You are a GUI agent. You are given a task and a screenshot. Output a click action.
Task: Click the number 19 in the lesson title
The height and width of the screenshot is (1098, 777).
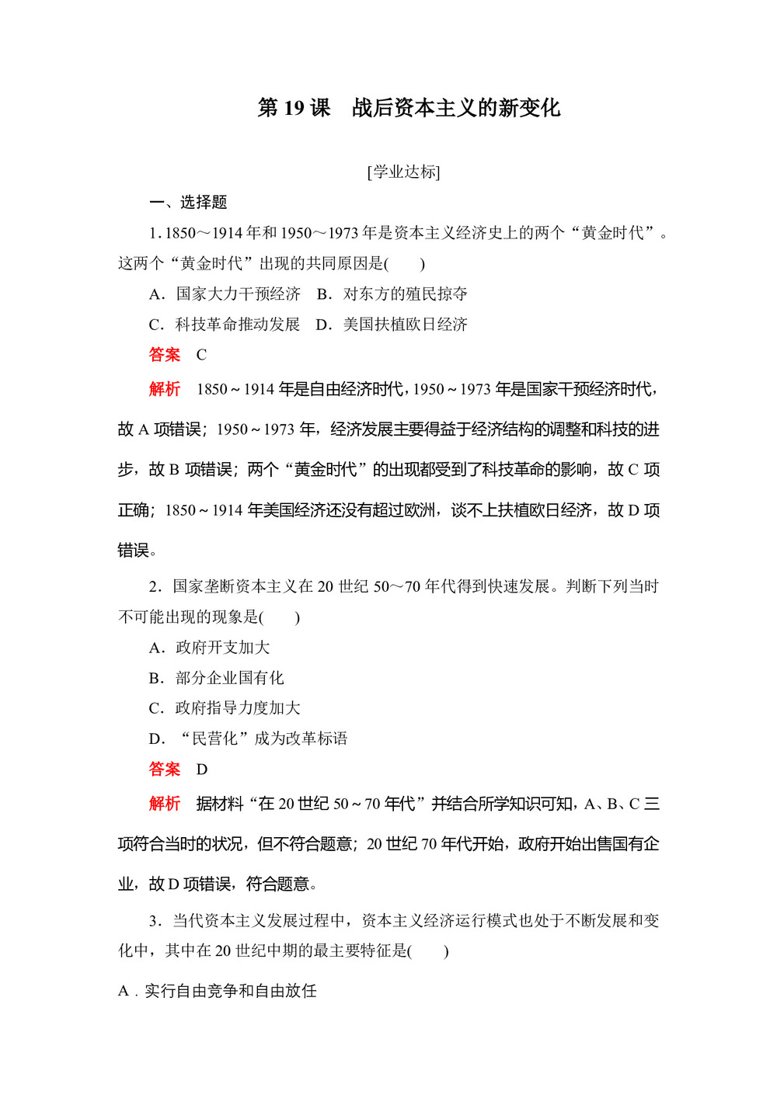click(x=294, y=108)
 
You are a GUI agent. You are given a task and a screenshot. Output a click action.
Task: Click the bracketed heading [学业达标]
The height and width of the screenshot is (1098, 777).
click(x=403, y=172)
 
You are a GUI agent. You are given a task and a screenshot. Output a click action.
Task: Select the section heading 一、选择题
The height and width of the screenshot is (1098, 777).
click(x=188, y=203)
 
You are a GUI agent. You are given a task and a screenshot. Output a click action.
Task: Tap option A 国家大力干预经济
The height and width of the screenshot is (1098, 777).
click(x=225, y=294)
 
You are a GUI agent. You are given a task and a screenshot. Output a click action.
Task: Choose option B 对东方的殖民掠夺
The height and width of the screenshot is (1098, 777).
click(x=392, y=294)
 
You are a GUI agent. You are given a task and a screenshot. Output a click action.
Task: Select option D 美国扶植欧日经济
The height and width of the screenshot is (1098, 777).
click(x=392, y=324)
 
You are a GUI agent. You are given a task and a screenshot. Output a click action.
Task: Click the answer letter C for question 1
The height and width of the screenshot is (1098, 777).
click(x=201, y=355)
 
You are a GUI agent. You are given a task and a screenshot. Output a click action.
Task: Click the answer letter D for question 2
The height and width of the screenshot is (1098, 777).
click(x=202, y=770)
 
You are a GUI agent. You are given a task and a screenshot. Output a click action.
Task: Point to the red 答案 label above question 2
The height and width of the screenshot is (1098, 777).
click(x=165, y=355)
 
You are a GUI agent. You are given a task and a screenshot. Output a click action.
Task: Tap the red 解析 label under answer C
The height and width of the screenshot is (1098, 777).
click(x=165, y=389)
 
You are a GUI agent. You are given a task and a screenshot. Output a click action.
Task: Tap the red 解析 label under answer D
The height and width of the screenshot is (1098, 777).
click(x=165, y=804)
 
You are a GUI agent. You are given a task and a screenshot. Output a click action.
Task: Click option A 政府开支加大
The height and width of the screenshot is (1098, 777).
click(x=209, y=648)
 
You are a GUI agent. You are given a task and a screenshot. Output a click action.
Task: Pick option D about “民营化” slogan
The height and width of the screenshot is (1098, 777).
click(x=248, y=738)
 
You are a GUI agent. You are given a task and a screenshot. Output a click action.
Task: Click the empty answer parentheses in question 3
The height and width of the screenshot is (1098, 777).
click(x=428, y=951)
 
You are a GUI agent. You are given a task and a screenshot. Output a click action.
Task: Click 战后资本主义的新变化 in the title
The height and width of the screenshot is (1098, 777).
click(x=455, y=108)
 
